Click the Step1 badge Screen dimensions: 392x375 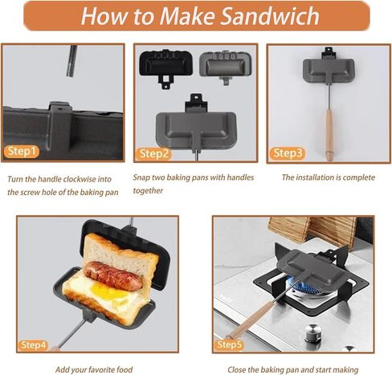tap(22, 152)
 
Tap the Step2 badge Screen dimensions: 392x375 tap(153, 154)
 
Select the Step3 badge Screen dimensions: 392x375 tap(288, 153)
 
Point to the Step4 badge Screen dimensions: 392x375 tap(33, 345)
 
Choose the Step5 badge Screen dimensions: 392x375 tap(229, 344)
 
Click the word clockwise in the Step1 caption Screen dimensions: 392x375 tap(76, 179)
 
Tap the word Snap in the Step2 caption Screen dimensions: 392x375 tap(141, 177)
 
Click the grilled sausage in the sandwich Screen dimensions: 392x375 tap(113, 275)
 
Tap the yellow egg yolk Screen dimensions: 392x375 tap(107, 291)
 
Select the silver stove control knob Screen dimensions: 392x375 tap(312, 333)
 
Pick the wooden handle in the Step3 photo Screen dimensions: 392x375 tap(329, 134)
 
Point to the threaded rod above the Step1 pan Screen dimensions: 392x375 tap(71, 61)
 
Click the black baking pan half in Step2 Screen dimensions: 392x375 tap(166, 66)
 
